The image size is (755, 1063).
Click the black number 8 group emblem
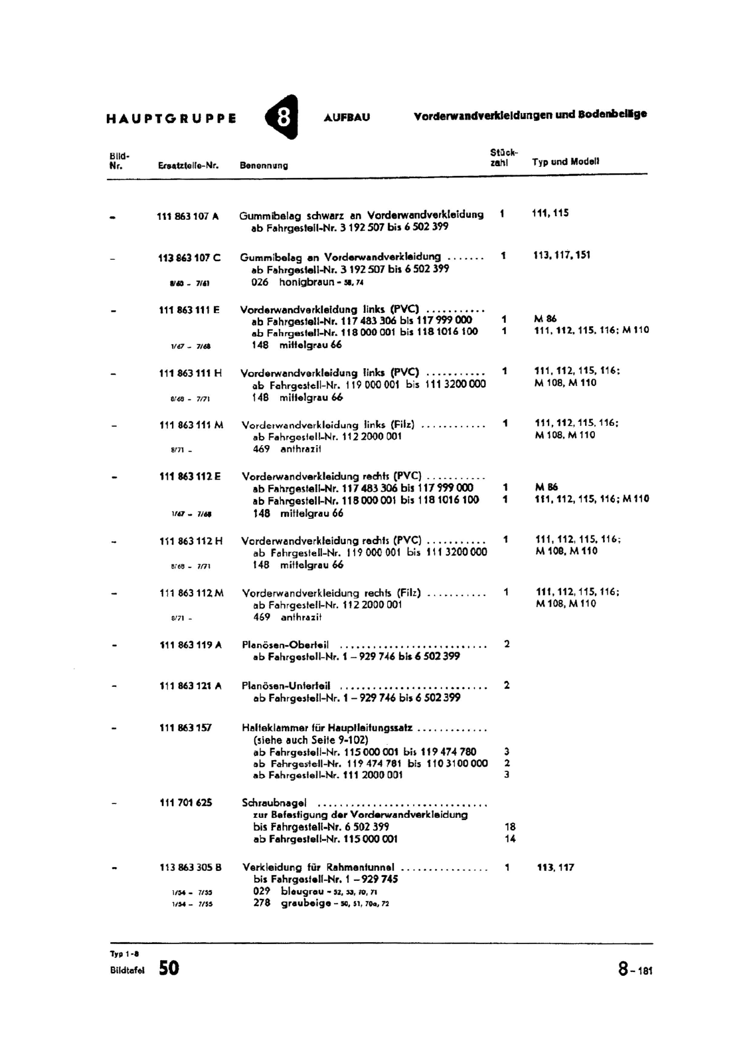[282, 118]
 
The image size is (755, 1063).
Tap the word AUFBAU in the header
[347, 118]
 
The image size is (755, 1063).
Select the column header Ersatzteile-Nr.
[189, 165]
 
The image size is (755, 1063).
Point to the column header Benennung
[264, 165]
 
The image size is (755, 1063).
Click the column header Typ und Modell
[566, 161]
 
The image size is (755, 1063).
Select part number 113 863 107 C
[189, 257]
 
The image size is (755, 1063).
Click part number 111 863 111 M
[191, 425]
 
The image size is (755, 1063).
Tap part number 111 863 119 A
[191, 644]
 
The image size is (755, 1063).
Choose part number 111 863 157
[185, 728]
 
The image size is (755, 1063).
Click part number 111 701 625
[186, 803]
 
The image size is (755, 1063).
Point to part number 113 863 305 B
[191, 867]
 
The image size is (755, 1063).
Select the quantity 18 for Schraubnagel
[510, 827]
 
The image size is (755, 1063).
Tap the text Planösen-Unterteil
[286, 686]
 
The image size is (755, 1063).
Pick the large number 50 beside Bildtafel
[169, 968]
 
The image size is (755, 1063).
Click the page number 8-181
[635, 970]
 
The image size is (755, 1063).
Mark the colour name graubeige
[306, 904]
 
